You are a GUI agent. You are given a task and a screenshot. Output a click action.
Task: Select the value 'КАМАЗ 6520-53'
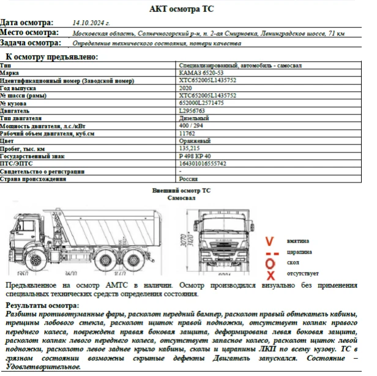(x=199, y=72)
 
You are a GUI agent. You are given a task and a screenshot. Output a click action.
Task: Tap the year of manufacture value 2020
(x=185, y=88)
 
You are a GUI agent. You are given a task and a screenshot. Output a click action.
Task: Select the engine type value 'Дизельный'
(x=194, y=118)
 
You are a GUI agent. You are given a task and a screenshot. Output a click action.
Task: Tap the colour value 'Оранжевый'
(x=195, y=141)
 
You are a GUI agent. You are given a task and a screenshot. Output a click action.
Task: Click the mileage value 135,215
(x=190, y=148)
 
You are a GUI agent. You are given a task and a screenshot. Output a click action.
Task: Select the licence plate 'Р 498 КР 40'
(x=195, y=156)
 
